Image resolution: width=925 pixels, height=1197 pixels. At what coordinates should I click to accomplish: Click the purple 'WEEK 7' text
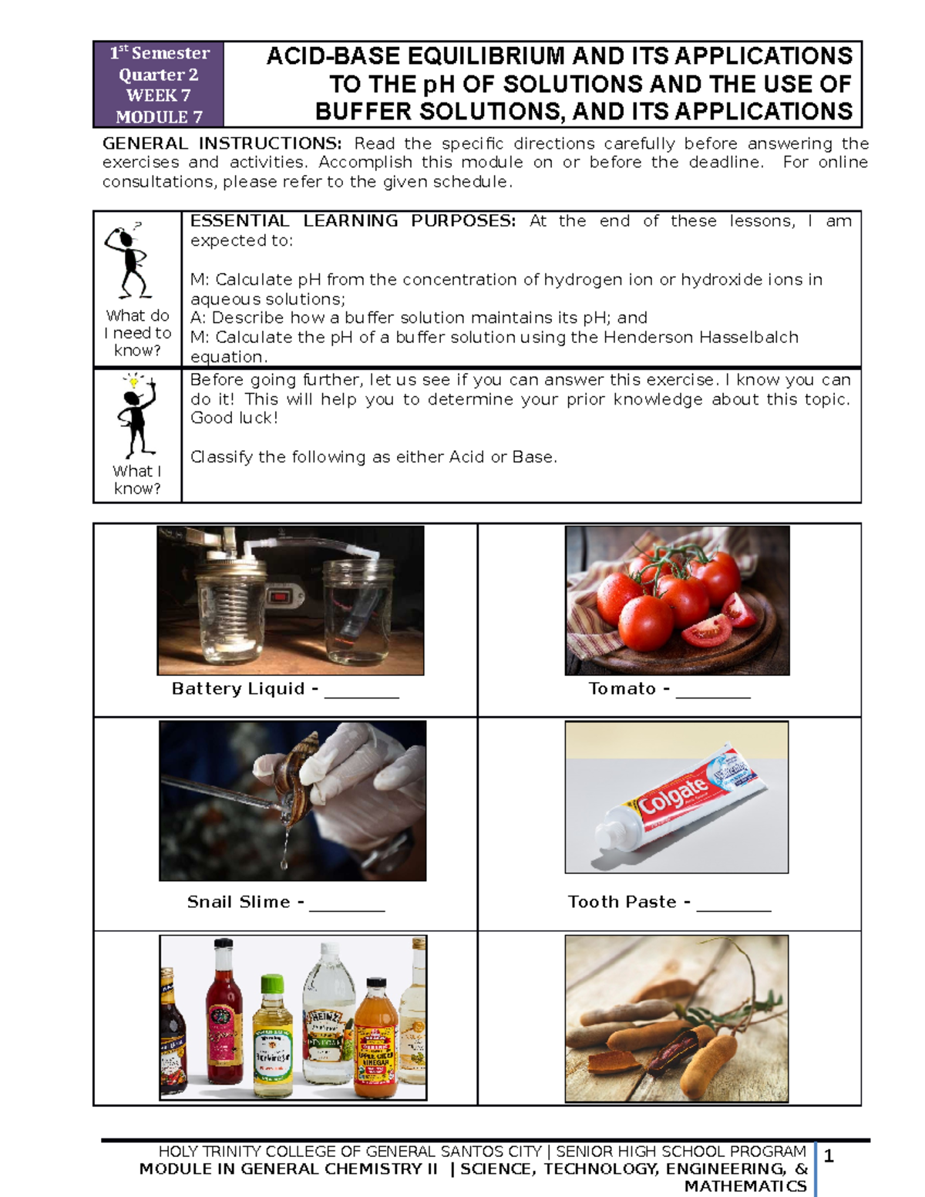pos(157,96)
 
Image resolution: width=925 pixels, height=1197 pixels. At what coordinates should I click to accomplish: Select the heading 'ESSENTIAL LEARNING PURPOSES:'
pos(352,221)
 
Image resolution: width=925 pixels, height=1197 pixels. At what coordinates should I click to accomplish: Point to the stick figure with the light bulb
pos(136,415)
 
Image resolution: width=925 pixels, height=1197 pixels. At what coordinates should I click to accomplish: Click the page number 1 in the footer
pos(829,1155)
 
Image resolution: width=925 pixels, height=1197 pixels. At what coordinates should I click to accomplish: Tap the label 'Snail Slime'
pos(239,902)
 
